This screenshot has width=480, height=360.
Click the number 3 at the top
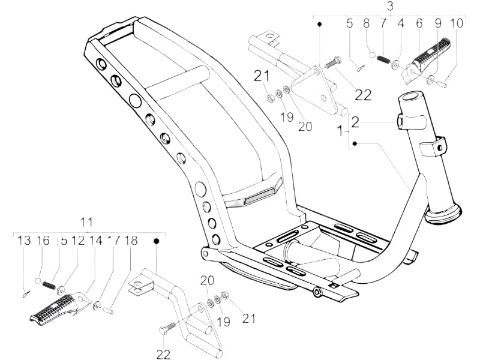coord(390,7)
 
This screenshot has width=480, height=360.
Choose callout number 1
coord(341,130)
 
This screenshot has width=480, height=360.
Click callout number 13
coord(24,241)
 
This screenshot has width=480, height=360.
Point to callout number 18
coord(131,241)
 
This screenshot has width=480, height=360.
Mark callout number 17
coord(113,241)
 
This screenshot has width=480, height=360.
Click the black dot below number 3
coord(320,24)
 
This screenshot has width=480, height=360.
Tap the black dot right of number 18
coord(157,241)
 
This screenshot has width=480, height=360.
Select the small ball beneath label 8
coord(371,56)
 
